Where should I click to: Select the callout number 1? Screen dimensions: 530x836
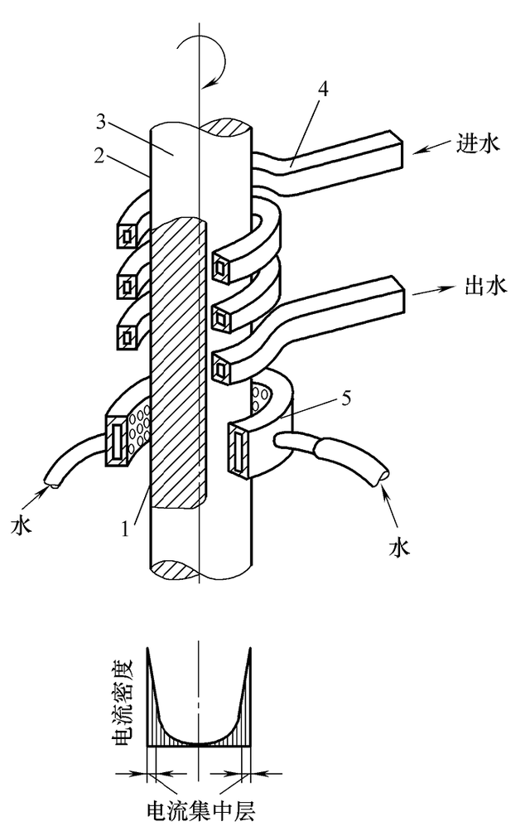(x=125, y=529)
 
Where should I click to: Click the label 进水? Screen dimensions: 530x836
(x=478, y=143)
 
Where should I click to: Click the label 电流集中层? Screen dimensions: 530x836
(x=200, y=811)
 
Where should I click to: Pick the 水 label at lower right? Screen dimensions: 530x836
(x=399, y=547)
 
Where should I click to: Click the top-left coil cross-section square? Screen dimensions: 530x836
(x=128, y=235)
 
